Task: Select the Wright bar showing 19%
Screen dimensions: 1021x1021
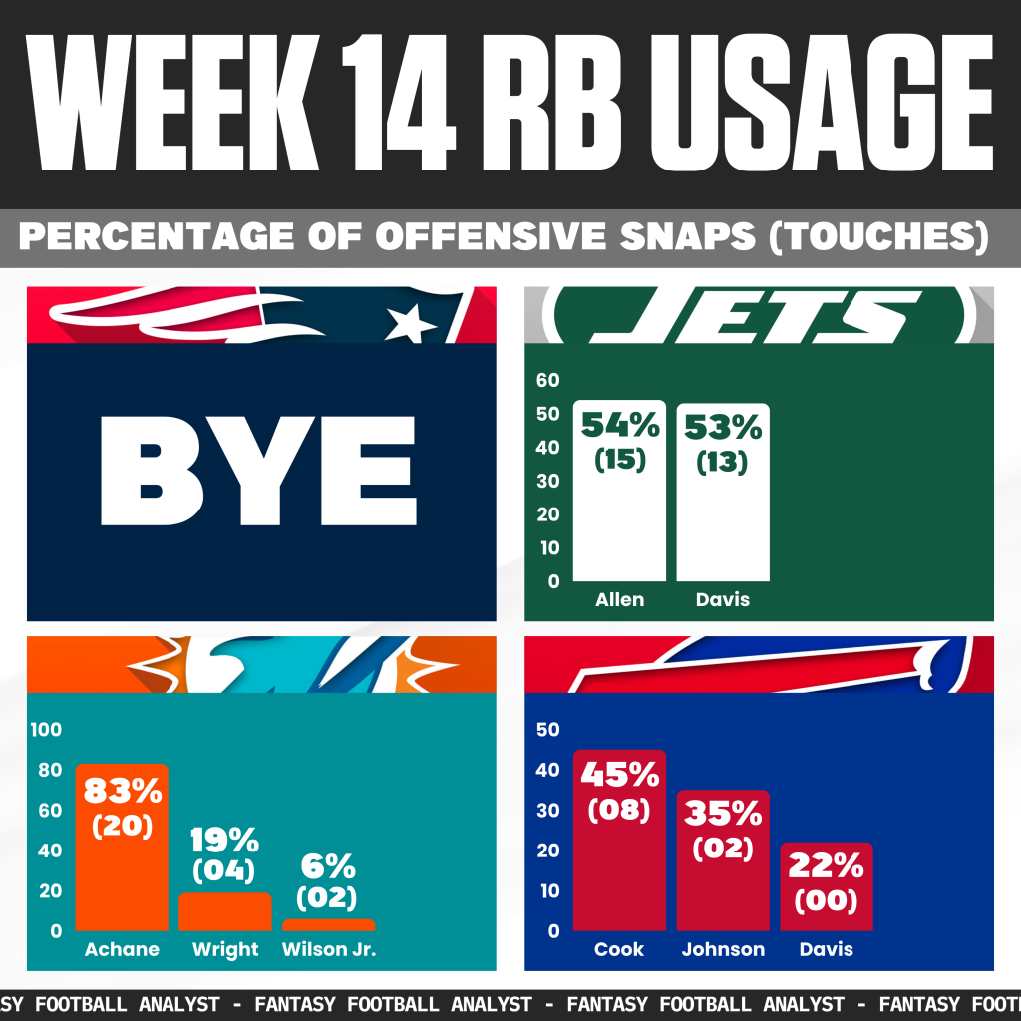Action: coord(225,913)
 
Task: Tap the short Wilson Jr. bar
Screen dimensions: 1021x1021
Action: coord(328,925)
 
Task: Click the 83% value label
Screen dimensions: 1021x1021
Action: coord(122,792)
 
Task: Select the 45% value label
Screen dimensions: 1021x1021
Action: coord(619,774)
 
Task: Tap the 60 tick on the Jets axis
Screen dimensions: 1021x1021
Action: coord(548,380)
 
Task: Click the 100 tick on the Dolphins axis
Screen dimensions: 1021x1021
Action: coord(46,730)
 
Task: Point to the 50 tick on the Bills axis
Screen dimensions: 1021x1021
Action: coord(548,730)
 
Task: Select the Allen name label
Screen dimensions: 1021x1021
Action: coord(619,600)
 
